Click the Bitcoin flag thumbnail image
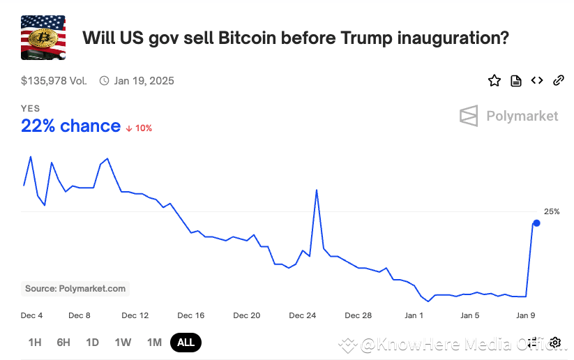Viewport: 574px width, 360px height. pos(43,38)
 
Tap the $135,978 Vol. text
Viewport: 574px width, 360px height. pos(54,80)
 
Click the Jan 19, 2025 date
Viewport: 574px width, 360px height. pos(144,80)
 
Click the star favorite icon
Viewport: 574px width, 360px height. pos(494,80)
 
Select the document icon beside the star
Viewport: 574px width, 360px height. pos(516,80)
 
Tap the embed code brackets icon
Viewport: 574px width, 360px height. pos(537,80)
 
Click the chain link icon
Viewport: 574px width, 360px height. pos(558,80)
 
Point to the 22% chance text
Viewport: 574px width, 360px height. pos(70,126)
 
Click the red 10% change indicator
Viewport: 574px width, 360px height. pos(139,128)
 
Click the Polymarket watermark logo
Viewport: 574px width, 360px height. pos(509,116)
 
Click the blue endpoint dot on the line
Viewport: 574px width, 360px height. pos(536,223)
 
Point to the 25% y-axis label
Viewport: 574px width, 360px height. pos(552,211)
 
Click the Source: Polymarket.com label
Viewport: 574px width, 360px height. pos(75,288)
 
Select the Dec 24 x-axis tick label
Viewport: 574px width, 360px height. pos(302,315)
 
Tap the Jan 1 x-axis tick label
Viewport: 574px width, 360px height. pos(414,315)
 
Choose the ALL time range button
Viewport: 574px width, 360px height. pos(186,342)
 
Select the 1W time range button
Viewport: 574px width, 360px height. pos(123,342)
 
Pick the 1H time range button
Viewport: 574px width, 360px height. pos(35,342)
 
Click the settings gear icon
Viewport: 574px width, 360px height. pos(555,342)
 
